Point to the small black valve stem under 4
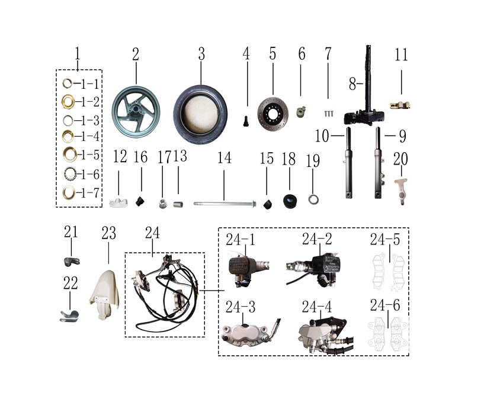(x=246, y=121)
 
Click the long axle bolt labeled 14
(x=225, y=204)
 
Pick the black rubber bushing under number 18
(x=290, y=201)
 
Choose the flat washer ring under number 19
(x=313, y=199)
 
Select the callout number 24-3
(x=241, y=307)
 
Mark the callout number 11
(x=401, y=55)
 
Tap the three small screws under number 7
(x=329, y=114)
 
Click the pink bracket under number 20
(x=401, y=191)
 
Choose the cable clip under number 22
(x=69, y=316)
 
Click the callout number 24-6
(x=385, y=305)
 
